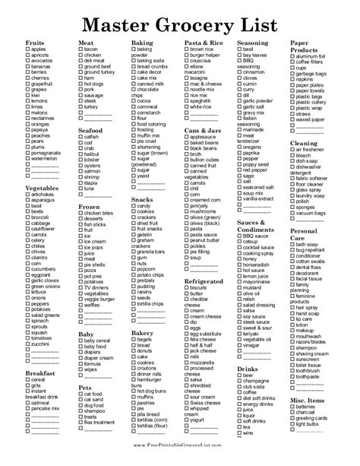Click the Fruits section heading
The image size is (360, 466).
(35, 43)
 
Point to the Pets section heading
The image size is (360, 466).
(84, 386)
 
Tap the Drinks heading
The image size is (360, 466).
(246, 369)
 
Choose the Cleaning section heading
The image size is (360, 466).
(305, 142)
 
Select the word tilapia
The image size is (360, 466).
(93, 183)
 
